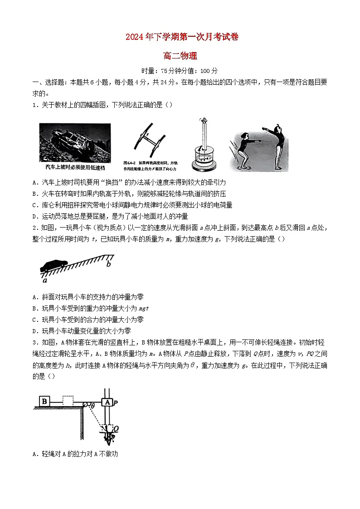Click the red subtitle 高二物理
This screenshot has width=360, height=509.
pos(180,56)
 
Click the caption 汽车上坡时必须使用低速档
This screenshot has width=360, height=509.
pos(75,167)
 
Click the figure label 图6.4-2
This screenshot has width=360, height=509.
pos(130,162)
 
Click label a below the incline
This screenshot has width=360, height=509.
pos(44,280)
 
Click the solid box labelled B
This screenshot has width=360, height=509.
pos(44,401)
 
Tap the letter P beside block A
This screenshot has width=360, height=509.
pos(116,402)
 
